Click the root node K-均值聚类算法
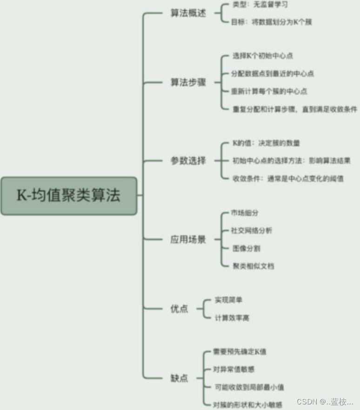69,195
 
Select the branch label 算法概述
188,13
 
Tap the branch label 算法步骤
188,83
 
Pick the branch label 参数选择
188,161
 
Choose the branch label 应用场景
188,239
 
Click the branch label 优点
179,308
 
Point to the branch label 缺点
179,378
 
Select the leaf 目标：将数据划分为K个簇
271,22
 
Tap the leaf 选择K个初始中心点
263,56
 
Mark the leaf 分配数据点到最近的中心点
273,73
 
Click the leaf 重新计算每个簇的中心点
269,91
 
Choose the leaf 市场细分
245,213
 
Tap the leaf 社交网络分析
252,231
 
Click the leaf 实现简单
228,300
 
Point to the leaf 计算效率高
232,318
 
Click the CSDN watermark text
325,401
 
